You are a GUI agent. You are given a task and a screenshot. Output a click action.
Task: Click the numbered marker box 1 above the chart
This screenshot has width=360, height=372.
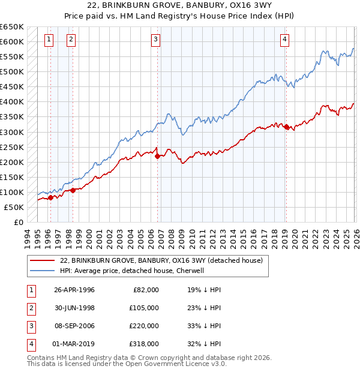(49, 40)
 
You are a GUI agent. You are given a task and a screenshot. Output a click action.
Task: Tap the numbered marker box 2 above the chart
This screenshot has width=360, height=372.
(71, 40)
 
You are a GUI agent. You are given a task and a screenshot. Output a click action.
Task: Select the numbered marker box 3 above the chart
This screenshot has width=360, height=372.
(155, 40)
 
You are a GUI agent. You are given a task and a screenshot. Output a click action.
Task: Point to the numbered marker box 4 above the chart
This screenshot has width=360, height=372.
(284, 40)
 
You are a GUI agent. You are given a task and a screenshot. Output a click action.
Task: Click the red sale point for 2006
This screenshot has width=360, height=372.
(157, 156)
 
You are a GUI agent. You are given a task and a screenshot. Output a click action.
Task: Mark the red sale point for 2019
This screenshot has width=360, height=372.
(286, 127)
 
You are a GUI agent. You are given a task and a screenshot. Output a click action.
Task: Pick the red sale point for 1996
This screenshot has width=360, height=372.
(50, 197)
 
